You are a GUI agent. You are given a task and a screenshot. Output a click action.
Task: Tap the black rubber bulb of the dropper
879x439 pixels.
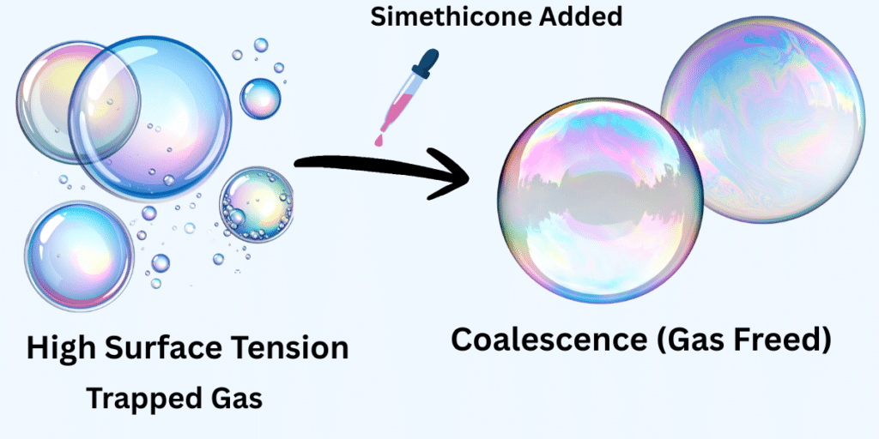point(428,62)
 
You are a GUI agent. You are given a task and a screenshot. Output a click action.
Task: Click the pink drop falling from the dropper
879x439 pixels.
point(379,137)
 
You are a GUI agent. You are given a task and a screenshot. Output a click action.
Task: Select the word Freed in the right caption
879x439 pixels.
point(783,340)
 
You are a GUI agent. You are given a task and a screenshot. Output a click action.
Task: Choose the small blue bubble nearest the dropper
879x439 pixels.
point(260,99)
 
